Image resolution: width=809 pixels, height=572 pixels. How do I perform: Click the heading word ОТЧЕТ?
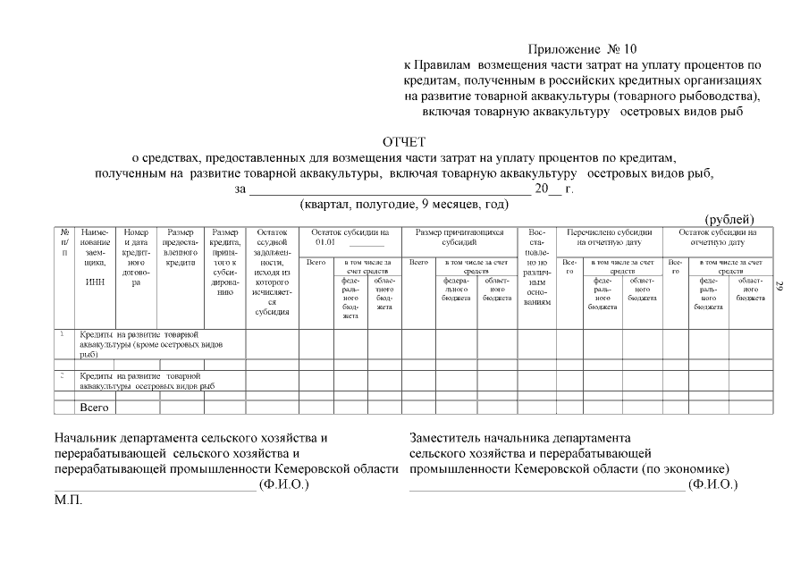point(404,142)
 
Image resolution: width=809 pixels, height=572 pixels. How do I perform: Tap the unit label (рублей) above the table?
point(729,219)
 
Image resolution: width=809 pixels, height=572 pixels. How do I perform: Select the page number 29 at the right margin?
point(780,286)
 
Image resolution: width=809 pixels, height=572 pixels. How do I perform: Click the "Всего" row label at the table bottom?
point(94,408)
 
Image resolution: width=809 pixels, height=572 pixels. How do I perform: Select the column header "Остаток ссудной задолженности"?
point(272,272)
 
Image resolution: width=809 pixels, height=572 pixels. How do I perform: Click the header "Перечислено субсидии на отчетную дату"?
point(610,237)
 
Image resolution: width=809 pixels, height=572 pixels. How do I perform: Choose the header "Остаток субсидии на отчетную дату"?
point(717,237)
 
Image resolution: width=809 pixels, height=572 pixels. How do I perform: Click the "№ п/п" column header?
point(64,242)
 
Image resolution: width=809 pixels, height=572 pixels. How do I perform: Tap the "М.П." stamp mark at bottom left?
point(68,500)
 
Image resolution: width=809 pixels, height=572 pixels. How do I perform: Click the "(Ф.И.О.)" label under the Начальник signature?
point(283,484)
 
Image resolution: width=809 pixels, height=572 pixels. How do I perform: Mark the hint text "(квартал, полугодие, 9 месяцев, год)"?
point(404,205)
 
